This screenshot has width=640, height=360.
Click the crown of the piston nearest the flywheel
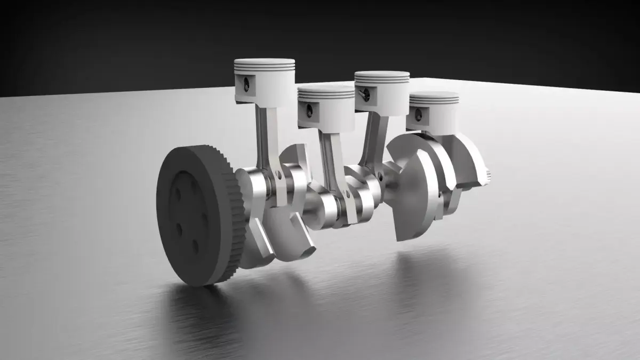[265, 62]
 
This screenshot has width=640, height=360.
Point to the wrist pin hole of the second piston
[309, 110]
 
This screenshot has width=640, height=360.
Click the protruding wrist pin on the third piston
[364, 94]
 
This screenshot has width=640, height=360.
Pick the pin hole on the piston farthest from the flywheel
[419, 114]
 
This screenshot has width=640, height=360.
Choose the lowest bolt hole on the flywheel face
[196, 246]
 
